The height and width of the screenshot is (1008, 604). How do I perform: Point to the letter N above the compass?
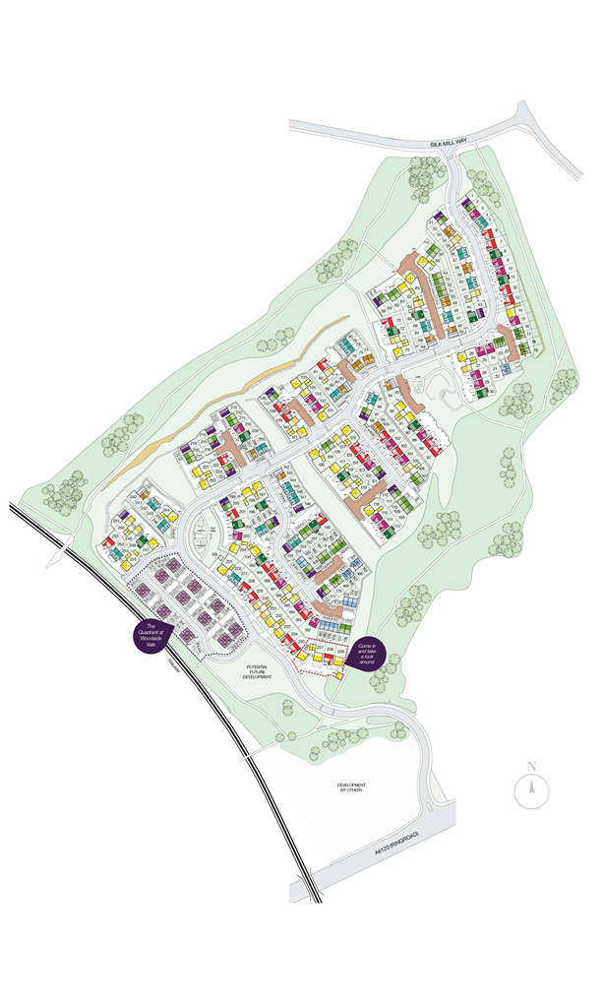coord(530,766)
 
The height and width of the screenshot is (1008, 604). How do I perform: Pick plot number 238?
coord(331,650)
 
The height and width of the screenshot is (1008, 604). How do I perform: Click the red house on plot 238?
coord(329,661)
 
